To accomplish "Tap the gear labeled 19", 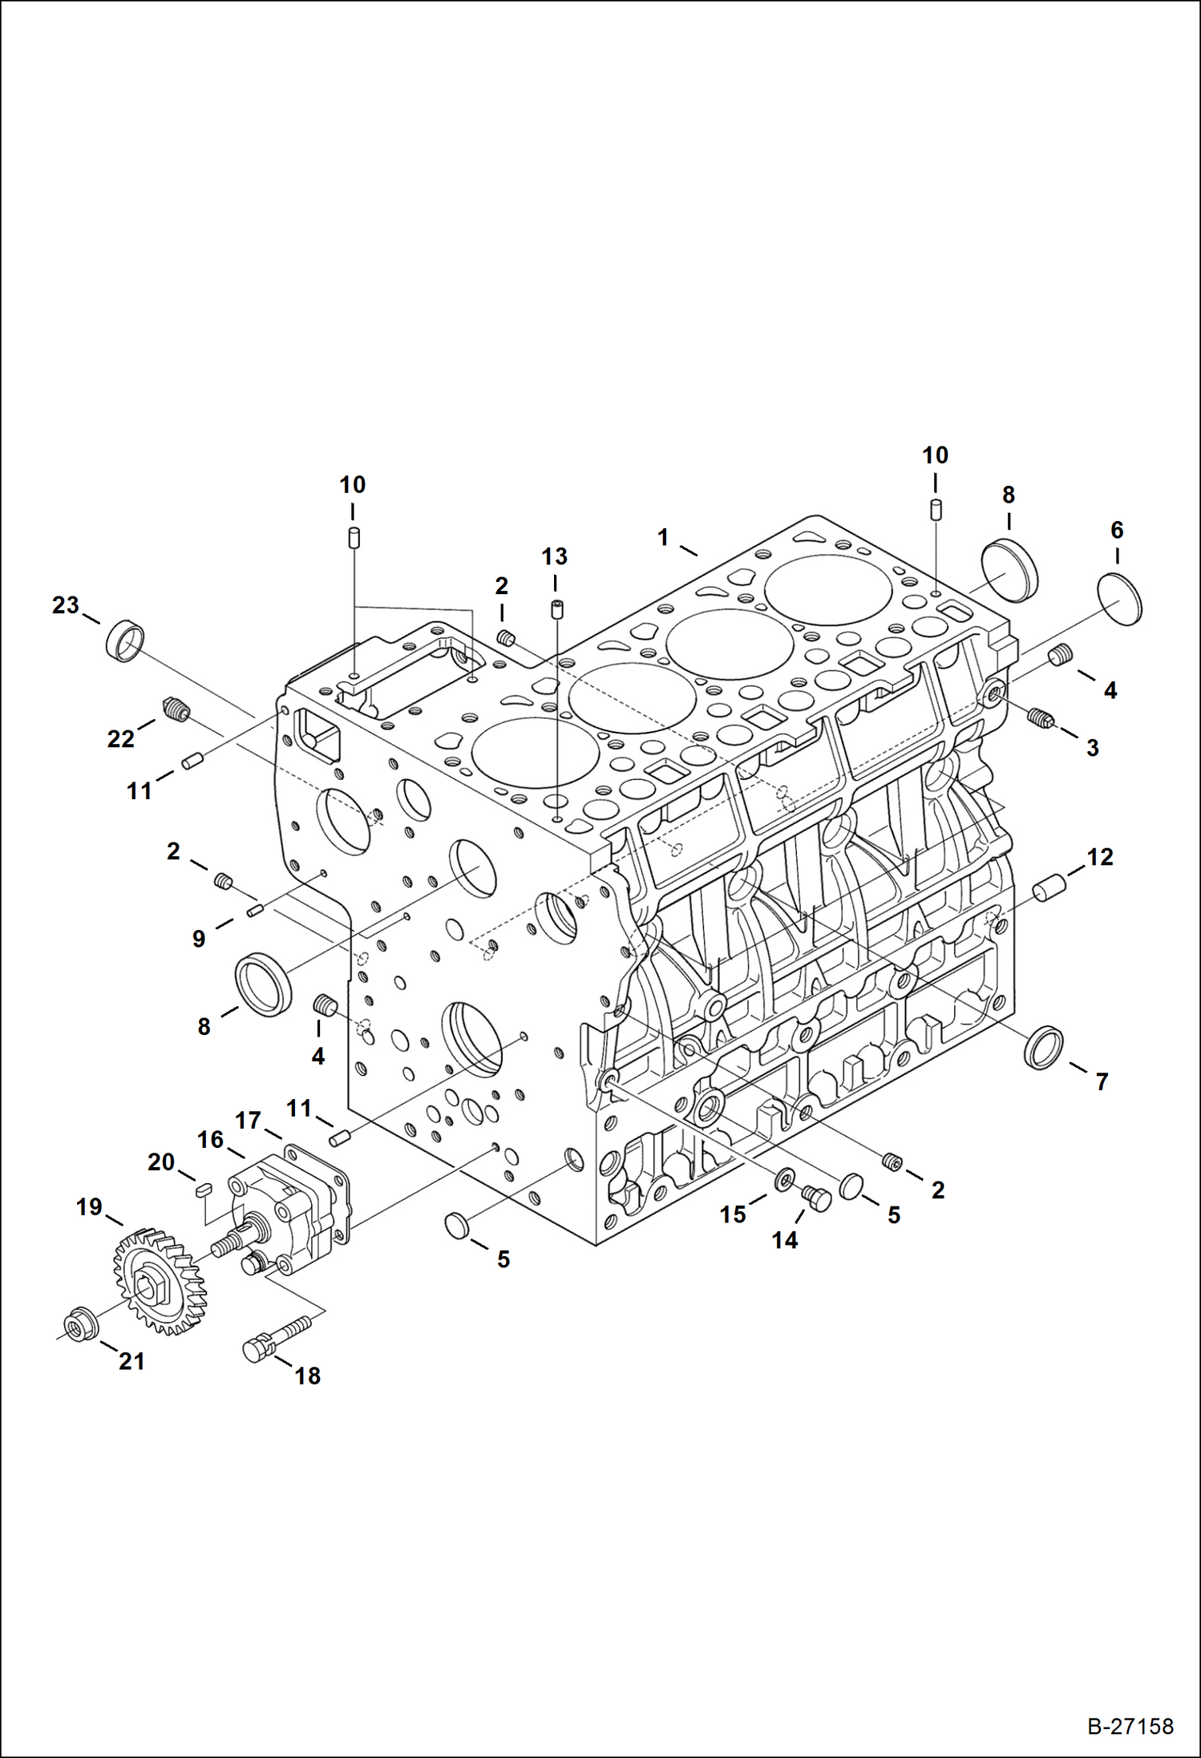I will point(160,1283).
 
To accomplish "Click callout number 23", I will point(66,605).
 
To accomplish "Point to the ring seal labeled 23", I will point(127,641).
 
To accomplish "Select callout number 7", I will point(1102,1082).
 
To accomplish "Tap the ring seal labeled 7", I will point(1045,1047).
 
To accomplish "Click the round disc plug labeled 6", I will point(1119,598).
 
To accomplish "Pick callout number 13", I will point(554,556).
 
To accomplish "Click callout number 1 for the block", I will point(663,537).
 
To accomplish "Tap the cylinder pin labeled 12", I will point(1047,888).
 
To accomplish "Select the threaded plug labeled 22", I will point(176,709).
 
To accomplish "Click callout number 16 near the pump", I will point(210,1140).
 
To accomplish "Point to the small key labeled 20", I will point(203,1190).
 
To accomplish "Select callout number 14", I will point(784,1240).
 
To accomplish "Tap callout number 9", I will point(199,939).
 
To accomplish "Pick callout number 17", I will point(249,1120).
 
